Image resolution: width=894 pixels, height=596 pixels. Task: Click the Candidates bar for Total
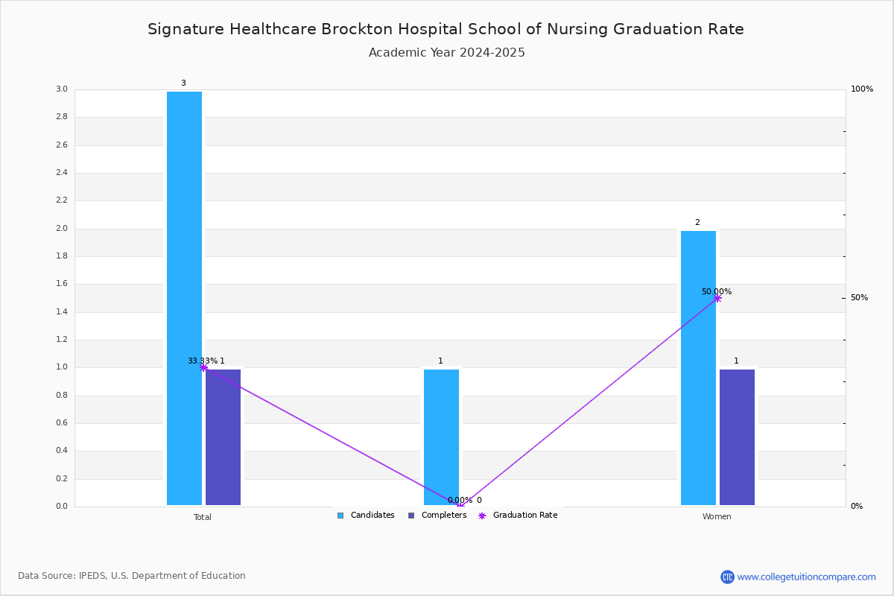184,298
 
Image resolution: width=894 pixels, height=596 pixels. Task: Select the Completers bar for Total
223,437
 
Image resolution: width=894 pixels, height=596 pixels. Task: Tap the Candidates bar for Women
698,368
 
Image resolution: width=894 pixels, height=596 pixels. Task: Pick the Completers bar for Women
737,437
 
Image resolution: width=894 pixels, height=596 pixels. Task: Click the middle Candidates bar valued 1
441,437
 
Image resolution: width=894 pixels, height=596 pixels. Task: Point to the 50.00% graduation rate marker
717,298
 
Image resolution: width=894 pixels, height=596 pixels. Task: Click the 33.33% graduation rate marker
203,368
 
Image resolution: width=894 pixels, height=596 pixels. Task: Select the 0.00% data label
460,500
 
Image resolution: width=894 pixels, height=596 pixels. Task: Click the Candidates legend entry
366,516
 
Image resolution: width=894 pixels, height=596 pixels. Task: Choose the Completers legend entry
437,516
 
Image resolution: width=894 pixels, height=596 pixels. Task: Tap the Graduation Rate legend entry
518,516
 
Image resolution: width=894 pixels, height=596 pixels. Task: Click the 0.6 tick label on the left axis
62,422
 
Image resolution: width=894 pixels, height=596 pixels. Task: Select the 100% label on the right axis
862,89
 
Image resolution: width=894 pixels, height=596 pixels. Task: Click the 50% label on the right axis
859,298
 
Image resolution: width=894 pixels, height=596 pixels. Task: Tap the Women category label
717,516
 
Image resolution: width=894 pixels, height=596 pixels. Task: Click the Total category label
203,517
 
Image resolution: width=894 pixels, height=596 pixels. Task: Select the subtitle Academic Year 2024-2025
446,53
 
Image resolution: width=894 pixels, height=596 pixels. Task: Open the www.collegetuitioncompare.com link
806,577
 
